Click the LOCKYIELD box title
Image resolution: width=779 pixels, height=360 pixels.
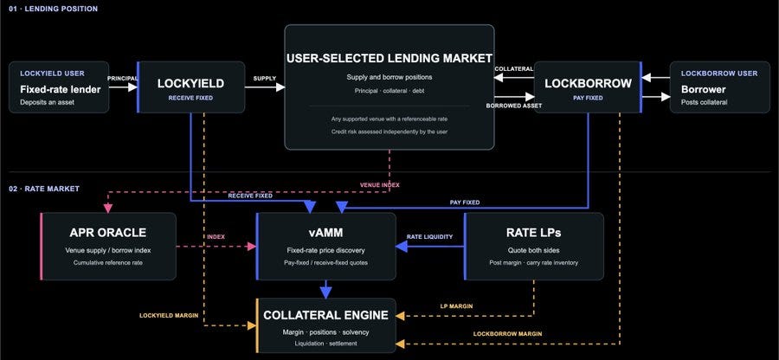tap(190, 84)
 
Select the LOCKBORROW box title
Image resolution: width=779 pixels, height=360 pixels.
tap(587, 84)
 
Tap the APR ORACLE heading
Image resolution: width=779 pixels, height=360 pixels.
tap(108, 233)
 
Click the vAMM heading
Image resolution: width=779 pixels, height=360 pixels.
tap(325, 233)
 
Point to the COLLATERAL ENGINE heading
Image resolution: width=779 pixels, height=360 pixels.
tap(326, 315)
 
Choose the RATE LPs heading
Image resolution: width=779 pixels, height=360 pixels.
tap(533, 233)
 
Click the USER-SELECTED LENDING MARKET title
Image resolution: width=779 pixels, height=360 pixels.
tap(389, 58)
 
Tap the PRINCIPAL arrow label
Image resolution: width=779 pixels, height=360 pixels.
tap(123, 78)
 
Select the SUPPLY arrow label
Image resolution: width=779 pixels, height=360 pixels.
tap(265, 79)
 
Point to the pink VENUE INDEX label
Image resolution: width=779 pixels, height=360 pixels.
tap(380, 185)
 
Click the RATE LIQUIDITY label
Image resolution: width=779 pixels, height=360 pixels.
tap(429, 237)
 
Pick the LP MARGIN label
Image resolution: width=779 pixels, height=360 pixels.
tap(456, 306)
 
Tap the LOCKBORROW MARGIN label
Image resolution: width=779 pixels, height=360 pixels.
tap(507, 334)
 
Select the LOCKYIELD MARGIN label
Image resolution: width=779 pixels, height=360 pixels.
tap(169, 315)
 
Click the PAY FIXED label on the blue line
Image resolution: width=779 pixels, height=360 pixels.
tap(465, 202)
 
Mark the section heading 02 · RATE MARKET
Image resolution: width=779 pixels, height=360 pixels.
tap(44, 189)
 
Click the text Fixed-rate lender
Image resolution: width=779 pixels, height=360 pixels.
tap(60, 90)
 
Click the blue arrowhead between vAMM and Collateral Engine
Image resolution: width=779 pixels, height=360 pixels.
tap(326, 293)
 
